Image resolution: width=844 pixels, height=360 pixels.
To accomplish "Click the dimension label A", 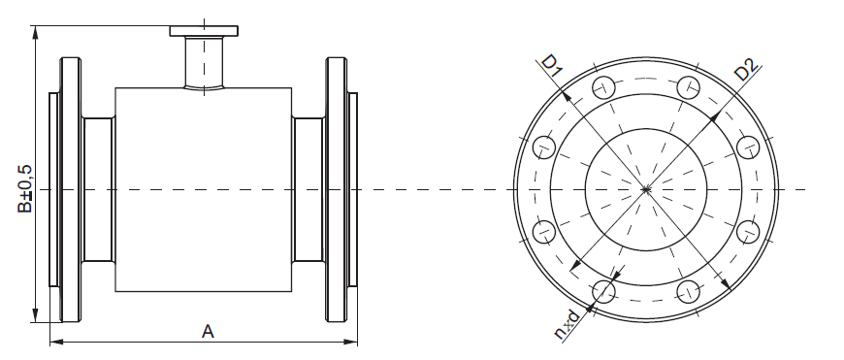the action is (x=208, y=332).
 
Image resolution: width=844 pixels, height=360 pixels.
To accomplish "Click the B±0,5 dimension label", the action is (x=25, y=189).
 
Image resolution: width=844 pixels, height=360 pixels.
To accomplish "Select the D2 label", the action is (x=747, y=69).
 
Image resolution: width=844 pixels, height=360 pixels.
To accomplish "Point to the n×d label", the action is (x=568, y=324).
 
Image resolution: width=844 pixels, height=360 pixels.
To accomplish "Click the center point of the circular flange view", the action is (x=646, y=189).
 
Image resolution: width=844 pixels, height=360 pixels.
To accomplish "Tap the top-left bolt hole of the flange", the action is (x=603, y=87).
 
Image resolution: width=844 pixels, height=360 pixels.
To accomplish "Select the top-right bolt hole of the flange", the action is (x=688, y=87).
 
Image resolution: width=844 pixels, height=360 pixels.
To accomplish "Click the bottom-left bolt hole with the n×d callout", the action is (x=603, y=292).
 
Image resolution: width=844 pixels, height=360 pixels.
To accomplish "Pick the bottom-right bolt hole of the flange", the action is (x=688, y=292).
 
